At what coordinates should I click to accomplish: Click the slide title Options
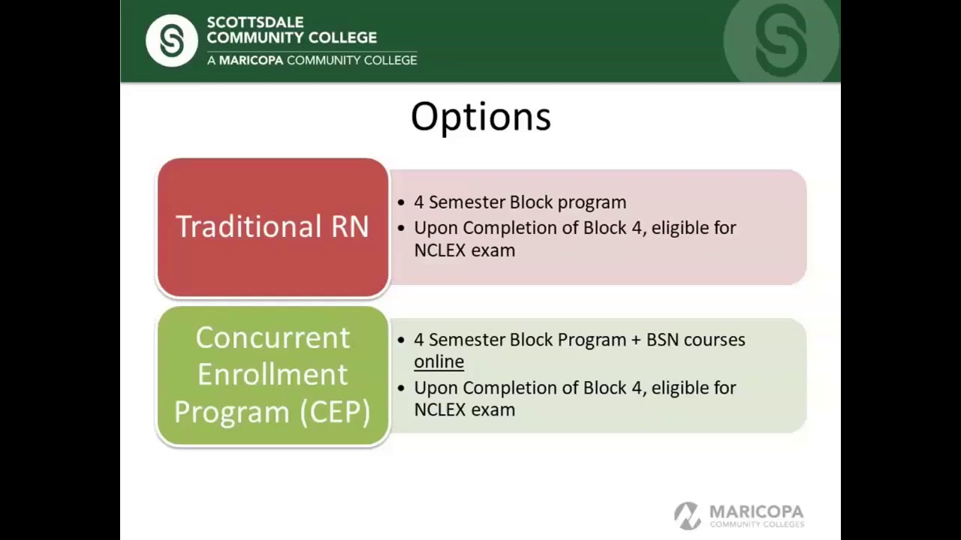click(x=480, y=118)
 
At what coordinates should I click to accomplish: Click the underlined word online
click(x=439, y=362)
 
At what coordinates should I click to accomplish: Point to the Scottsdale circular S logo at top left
click(x=171, y=40)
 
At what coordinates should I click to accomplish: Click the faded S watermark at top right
click(x=781, y=40)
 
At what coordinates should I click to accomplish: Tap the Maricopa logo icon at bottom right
click(x=687, y=515)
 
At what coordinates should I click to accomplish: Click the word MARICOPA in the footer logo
click(x=756, y=511)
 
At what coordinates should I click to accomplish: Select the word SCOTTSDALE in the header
click(x=255, y=22)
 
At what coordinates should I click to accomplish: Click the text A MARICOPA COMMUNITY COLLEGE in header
click(x=312, y=60)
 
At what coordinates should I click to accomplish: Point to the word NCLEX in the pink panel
click(x=438, y=250)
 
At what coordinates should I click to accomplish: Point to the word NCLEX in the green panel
click(x=438, y=409)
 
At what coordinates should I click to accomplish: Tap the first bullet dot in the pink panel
click(x=402, y=203)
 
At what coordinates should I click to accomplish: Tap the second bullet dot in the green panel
click(x=402, y=388)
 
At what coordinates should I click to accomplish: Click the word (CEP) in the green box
click(x=335, y=412)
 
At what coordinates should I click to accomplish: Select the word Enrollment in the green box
click(x=273, y=374)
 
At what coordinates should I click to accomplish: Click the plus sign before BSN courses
click(x=637, y=340)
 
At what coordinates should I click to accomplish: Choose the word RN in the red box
click(x=351, y=226)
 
